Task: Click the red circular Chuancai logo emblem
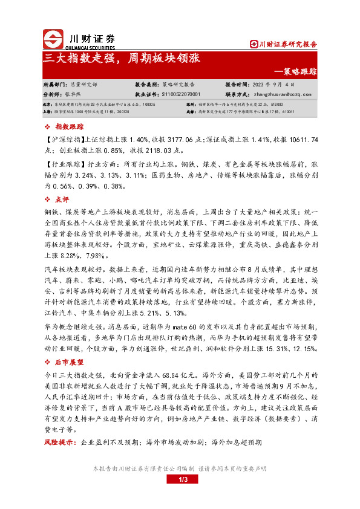pos(52,38)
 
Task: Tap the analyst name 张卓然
pos(72,94)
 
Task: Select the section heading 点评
pos(62,199)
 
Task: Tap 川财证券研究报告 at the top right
pos(287,44)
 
